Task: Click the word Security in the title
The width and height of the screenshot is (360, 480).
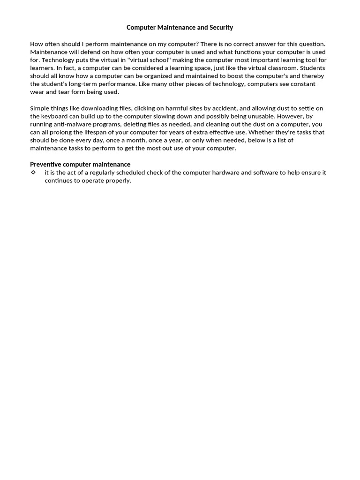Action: [x=221, y=28]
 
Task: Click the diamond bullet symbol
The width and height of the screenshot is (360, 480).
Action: [x=33, y=172]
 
